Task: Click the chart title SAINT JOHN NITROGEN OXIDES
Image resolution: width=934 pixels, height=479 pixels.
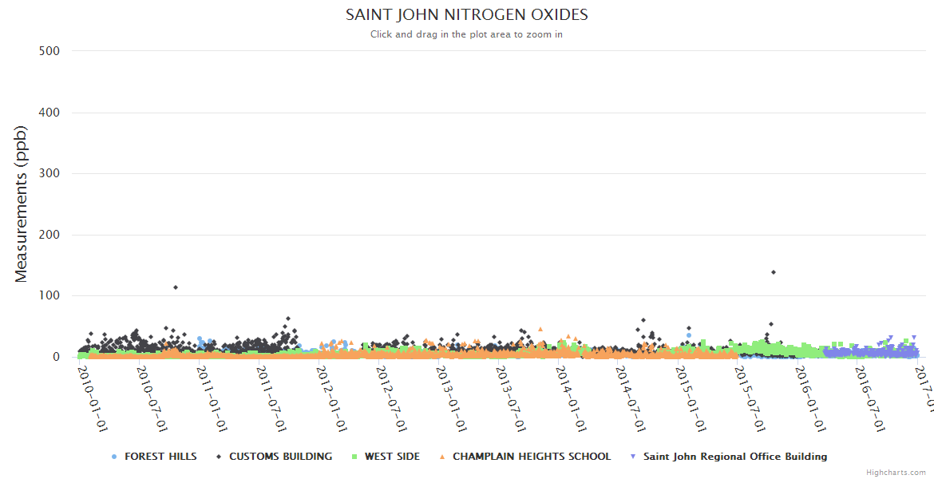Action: point(466,14)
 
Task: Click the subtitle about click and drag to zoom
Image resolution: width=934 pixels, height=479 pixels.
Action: point(466,34)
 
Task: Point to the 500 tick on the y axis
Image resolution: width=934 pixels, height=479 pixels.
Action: point(49,51)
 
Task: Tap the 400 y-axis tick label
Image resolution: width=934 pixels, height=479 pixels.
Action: point(49,113)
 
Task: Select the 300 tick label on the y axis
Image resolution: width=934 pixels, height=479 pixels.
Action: point(49,173)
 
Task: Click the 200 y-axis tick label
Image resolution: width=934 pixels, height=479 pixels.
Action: point(49,235)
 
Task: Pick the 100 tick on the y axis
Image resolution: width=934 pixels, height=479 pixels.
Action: point(49,295)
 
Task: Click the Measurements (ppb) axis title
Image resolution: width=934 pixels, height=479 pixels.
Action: point(22,205)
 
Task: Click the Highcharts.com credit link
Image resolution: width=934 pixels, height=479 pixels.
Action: point(896,473)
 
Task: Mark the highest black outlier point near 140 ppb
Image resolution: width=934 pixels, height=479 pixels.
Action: point(774,272)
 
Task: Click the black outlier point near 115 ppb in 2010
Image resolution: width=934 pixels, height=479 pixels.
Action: point(176,287)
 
